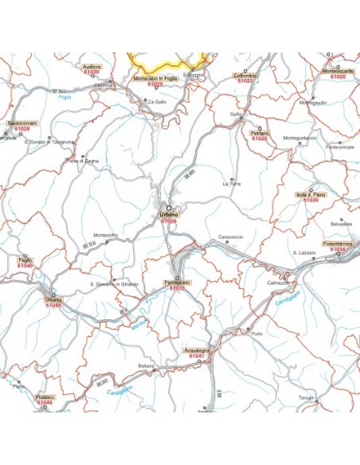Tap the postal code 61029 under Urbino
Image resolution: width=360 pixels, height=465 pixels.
click(x=169, y=221)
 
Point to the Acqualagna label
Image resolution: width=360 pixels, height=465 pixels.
click(x=195, y=350)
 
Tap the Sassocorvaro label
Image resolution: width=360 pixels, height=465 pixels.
click(x=22, y=123)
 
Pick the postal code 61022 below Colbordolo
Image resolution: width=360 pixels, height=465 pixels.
click(x=245, y=81)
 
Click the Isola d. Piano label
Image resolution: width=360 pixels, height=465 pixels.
click(x=311, y=194)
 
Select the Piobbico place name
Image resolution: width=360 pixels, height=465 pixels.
click(x=45, y=397)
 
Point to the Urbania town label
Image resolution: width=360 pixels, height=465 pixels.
click(x=53, y=299)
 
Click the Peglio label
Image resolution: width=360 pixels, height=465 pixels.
click(x=25, y=260)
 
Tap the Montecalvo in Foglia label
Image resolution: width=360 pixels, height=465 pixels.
click(x=155, y=78)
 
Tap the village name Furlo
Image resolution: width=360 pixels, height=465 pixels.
click(x=256, y=334)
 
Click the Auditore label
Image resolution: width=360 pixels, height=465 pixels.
click(x=92, y=67)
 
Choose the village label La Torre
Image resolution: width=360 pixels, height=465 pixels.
click(x=231, y=184)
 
